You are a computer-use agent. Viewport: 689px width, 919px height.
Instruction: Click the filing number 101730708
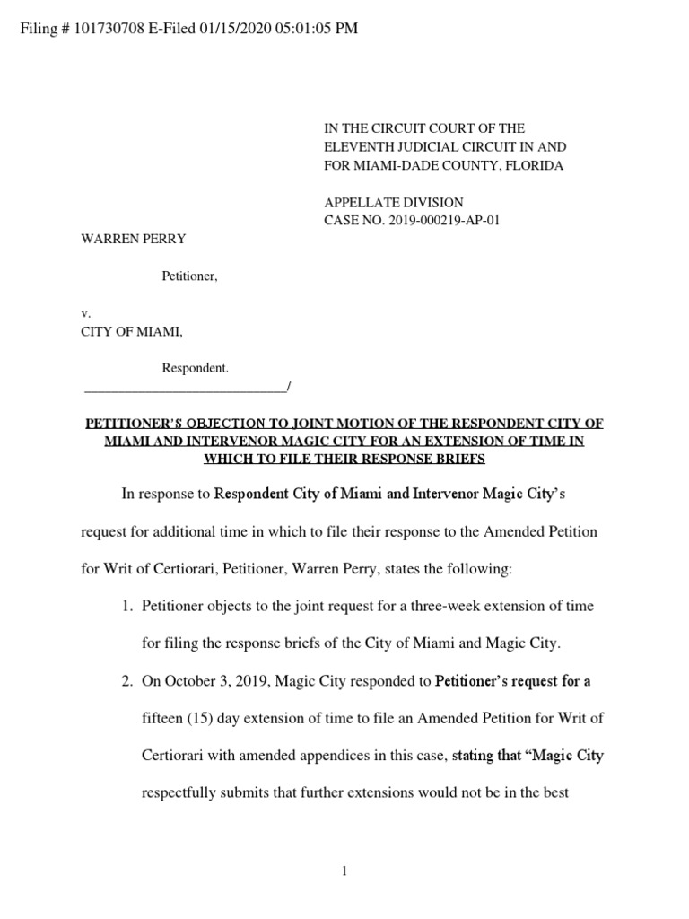[x=109, y=29]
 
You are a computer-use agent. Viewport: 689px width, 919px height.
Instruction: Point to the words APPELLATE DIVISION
[x=393, y=203]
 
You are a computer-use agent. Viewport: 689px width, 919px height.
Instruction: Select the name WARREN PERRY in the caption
[x=134, y=240]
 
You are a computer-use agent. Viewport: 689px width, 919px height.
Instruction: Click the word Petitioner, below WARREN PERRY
[x=189, y=276]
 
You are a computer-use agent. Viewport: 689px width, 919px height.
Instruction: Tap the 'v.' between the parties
[x=86, y=314]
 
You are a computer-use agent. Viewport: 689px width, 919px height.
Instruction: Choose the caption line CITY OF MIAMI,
[x=132, y=332]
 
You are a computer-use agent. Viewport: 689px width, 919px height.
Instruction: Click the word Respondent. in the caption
[x=195, y=368]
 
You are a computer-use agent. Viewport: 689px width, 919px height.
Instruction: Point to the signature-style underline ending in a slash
[x=187, y=388]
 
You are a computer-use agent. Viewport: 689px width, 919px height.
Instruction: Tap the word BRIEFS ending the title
[x=457, y=459]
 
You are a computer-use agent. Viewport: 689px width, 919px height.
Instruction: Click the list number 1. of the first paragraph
[x=127, y=607]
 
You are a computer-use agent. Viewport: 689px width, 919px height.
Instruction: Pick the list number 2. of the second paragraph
[x=127, y=681]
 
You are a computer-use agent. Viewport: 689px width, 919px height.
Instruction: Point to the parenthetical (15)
[x=200, y=718]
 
